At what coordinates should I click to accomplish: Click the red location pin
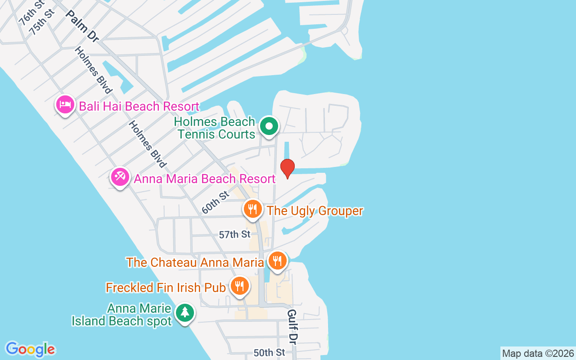pyautogui.click(x=287, y=168)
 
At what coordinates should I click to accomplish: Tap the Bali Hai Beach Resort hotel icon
pyautogui.click(x=65, y=105)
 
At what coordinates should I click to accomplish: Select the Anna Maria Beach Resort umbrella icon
pyautogui.click(x=120, y=177)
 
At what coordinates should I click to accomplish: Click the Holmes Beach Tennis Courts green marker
pyautogui.click(x=269, y=126)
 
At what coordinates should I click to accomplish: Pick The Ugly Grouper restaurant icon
pyautogui.click(x=253, y=209)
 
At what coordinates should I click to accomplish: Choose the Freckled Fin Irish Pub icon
pyautogui.click(x=239, y=285)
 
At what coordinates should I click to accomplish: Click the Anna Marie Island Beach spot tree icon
pyautogui.click(x=184, y=312)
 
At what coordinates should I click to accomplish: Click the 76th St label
pyautogui.click(x=31, y=13)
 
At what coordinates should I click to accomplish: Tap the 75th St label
pyautogui.click(x=41, y=21)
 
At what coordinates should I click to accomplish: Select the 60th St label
pyautogui.click(x=216, y=202)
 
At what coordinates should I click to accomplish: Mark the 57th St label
pyautogui.click(x=234, y=234)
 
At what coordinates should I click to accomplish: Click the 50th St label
pyautogui.click(x=270, y=352)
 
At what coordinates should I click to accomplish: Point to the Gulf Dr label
pyautogui.click(x=292, y=324)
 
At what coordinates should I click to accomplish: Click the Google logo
pyautogui.click(x=30, y=349)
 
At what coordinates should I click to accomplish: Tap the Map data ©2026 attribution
pyautogui.click(x=538, y=353)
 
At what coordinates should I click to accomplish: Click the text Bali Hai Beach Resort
pyautogui.click(x=139, y=107)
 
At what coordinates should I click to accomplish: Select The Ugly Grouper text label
pyautogui.click(x=315, y=211)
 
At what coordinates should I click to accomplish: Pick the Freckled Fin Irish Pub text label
pyautogui.click(x=165, y=288)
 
